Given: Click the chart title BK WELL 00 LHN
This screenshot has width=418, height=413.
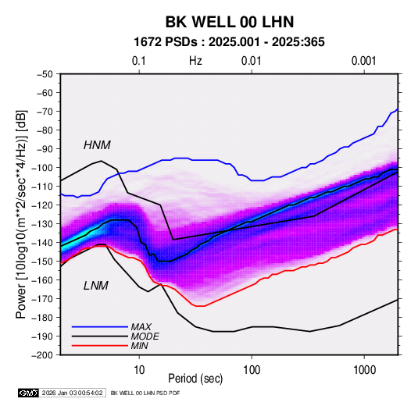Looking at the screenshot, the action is pyautogui.click(x=230, y=22).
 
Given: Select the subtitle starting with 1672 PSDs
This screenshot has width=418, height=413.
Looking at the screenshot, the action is pyautogui.click(x=229, y=42).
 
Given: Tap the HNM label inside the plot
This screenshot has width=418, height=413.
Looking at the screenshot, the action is pyautogui.click(x=97, y=145).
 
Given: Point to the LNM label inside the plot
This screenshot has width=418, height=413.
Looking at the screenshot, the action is pyautogui.click(x=96, y=286).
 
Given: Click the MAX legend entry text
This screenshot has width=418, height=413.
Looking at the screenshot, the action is pyautogui.click(x=141, y=327).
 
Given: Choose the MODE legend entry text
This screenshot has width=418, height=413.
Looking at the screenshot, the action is pyautogui.click(x=145, y=336).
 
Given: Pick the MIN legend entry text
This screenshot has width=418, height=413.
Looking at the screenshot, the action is pyautogui.click(x=139, y=346).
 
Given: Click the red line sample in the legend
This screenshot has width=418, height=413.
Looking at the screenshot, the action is pyautogui.click(x=100, y=346).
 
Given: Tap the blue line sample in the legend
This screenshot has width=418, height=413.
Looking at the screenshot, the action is pyautogui.click(x=100, y=327).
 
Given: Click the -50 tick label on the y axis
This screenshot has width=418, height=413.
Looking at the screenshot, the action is pyautogui.click(x=45, y=74).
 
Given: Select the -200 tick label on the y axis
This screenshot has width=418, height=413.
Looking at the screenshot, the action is pyautogui.click(x=42, y=355).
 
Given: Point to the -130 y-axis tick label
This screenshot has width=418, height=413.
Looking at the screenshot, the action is pyautogui.click(x=42, y=224).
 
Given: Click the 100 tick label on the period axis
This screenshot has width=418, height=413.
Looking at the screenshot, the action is pyautogui.click(x=252, y=370).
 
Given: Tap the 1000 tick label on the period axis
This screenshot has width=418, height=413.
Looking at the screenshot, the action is pyautogui.click(x=364, y=370).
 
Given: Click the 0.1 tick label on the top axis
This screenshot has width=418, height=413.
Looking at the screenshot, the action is pyautogui.click(x=139, y=61).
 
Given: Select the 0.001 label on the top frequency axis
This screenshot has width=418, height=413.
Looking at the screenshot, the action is pyautogui.click(x=364, y=61).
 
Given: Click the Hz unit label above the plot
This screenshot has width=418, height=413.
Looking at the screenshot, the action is pyautogui.click(x=195, y=61).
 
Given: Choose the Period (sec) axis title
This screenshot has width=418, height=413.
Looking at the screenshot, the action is pyautogui.click(x=195, y=379).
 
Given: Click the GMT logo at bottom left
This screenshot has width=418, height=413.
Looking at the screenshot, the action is pyautogui.click(x=29, y=393).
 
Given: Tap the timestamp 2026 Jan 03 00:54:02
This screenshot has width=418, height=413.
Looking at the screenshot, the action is pyautogui.click(x=72, y=393).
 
